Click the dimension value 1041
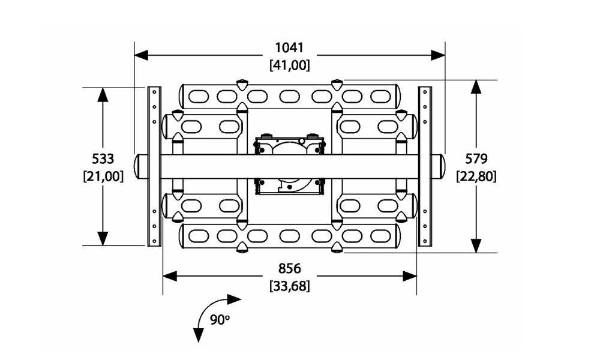pyautogui.click(x=289, y=48)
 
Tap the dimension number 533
pyautogui.click(x=103, y=158)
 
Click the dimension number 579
pyautogui.click(x=476, y=158)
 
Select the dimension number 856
pyautogui.click(x=289, y=269)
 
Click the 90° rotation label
pyautogui.click(x=220, y=319)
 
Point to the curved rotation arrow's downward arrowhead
pyautogui.click(x=198, y=335)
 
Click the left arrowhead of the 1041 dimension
pyautogui.click(x=142, y=55)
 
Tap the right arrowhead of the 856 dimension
pyautogui.click(x=409, y=276)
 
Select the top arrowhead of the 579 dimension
pyautogui.click(x=476, y=87)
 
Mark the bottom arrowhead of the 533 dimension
pyautogui.click(x=102, y=238)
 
